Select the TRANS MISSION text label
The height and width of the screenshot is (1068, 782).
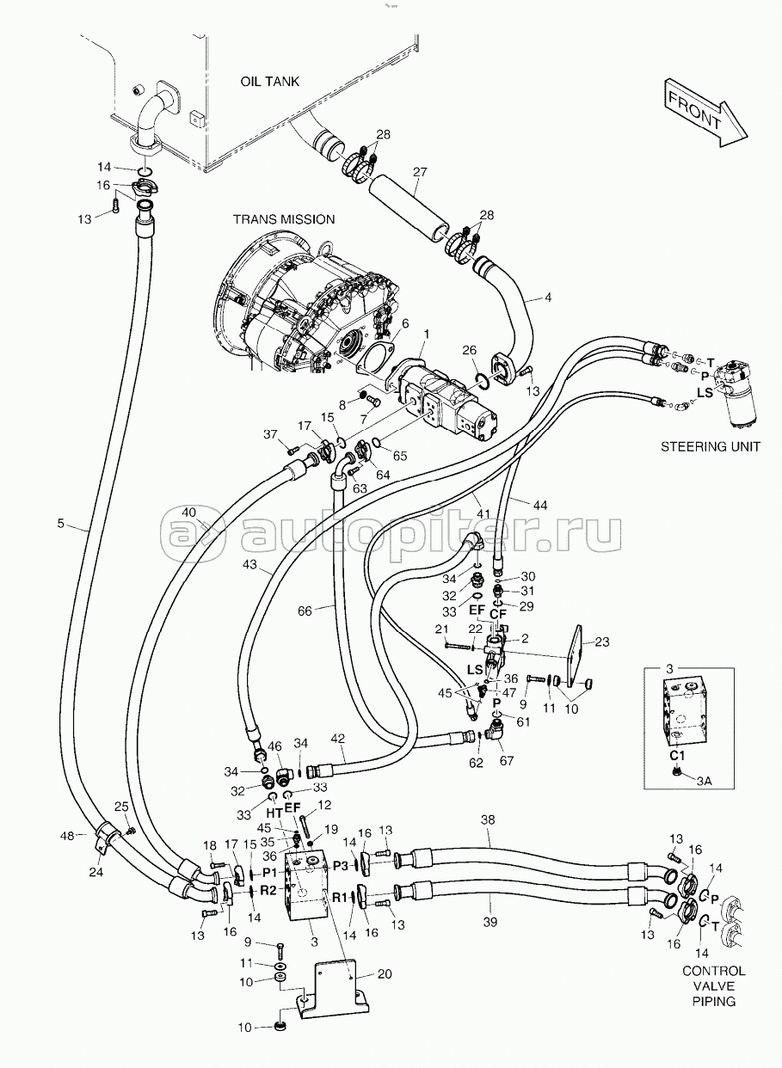click(284, 219)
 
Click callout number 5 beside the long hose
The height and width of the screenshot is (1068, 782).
click(61, 523)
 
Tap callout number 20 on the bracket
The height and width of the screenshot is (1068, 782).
click(385, 973)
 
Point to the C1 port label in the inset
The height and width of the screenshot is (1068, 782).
click(677, 755)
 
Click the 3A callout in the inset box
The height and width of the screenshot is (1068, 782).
click(704, 780)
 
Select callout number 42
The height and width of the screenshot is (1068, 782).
click(338, 739)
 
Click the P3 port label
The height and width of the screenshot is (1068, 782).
click(342, 864)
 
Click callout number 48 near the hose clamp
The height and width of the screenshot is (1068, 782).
click(67, 834)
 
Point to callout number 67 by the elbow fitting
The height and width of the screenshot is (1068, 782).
click(506, 759)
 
